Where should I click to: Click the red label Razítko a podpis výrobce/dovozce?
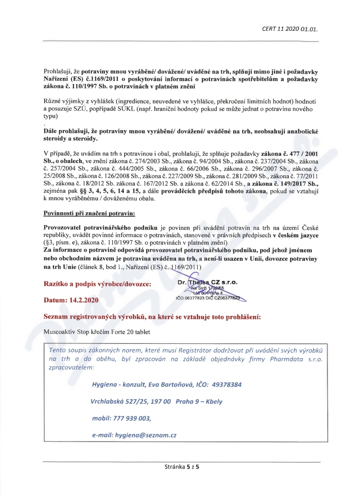97,284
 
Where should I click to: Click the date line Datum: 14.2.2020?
72,299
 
